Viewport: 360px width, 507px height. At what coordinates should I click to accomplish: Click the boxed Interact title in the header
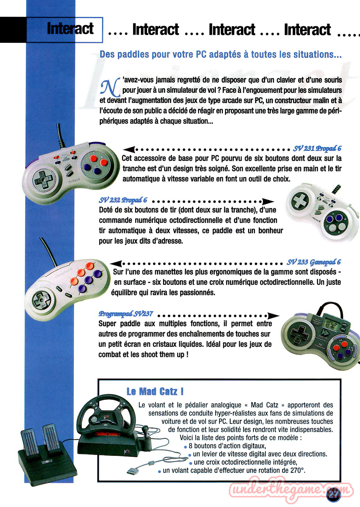(70, 29)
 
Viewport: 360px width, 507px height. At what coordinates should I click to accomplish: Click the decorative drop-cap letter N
(110, 87)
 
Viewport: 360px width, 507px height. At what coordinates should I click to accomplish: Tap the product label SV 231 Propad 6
(317, 148)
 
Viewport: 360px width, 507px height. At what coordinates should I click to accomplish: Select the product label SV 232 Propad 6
(123, 200)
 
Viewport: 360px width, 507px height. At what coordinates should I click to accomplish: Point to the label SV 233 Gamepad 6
(314, 262)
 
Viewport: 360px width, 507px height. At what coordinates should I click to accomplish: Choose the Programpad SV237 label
(126, 314)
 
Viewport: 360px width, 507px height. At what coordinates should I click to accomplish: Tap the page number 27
(334, 494)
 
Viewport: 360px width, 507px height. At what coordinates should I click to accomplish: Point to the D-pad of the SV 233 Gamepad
(42, 300)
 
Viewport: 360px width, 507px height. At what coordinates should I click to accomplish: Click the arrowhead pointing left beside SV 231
(129, 149)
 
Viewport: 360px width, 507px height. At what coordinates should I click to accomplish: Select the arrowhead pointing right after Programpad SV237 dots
(273, 315)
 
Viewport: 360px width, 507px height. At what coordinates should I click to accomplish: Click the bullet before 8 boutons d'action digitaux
(185, 447)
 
